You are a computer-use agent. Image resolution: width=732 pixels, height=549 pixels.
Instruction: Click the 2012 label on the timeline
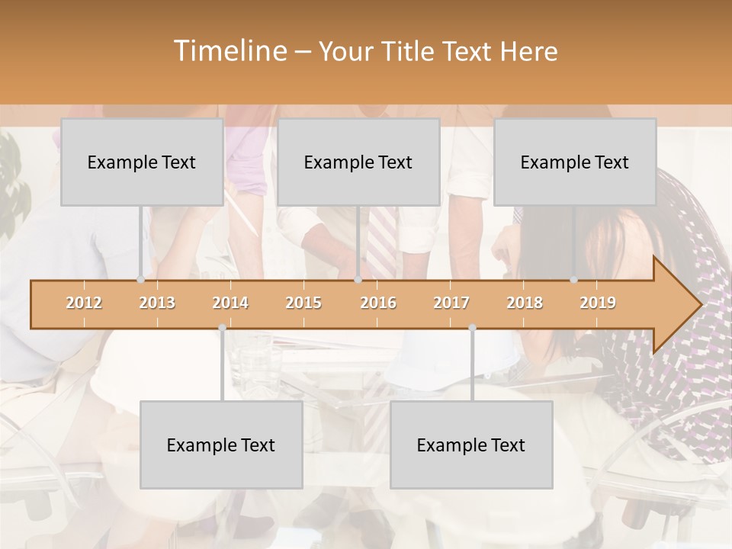click(84, 303)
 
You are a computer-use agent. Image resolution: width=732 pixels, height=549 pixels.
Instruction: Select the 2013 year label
click(157, 303)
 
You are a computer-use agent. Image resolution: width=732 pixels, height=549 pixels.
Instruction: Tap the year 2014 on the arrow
click(230, 303)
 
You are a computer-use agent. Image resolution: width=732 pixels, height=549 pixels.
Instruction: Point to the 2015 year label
click(303, 303)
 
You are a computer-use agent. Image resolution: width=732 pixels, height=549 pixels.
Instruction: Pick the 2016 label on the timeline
click(378, 303)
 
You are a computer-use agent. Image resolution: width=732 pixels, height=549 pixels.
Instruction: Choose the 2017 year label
click(451, 303)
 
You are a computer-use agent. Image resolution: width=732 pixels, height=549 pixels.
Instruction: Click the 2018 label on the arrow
click(525, 303)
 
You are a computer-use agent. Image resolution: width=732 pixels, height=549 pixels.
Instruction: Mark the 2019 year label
click(598, 303)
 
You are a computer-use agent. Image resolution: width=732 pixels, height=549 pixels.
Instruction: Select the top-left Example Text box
click(142, 162)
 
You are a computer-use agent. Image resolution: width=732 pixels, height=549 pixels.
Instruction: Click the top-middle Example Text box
click(358, 162)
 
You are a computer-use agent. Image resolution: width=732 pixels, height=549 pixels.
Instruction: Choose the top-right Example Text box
click(575, 162)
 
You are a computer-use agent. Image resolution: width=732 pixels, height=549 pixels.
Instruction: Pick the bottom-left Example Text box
click(221, 445)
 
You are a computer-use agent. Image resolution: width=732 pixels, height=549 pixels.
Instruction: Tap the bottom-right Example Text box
click(471, 445)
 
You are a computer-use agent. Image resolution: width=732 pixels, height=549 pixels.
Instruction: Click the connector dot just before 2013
click(140, 280)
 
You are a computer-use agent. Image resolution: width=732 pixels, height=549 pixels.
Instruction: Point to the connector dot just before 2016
click(358, 280)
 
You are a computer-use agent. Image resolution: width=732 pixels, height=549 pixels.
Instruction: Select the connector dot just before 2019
click(574, 280)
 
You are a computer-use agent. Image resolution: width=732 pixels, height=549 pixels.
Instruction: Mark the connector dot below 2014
click(222, 328)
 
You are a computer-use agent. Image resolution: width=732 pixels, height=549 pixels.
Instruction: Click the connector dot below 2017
click(472, 328)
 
